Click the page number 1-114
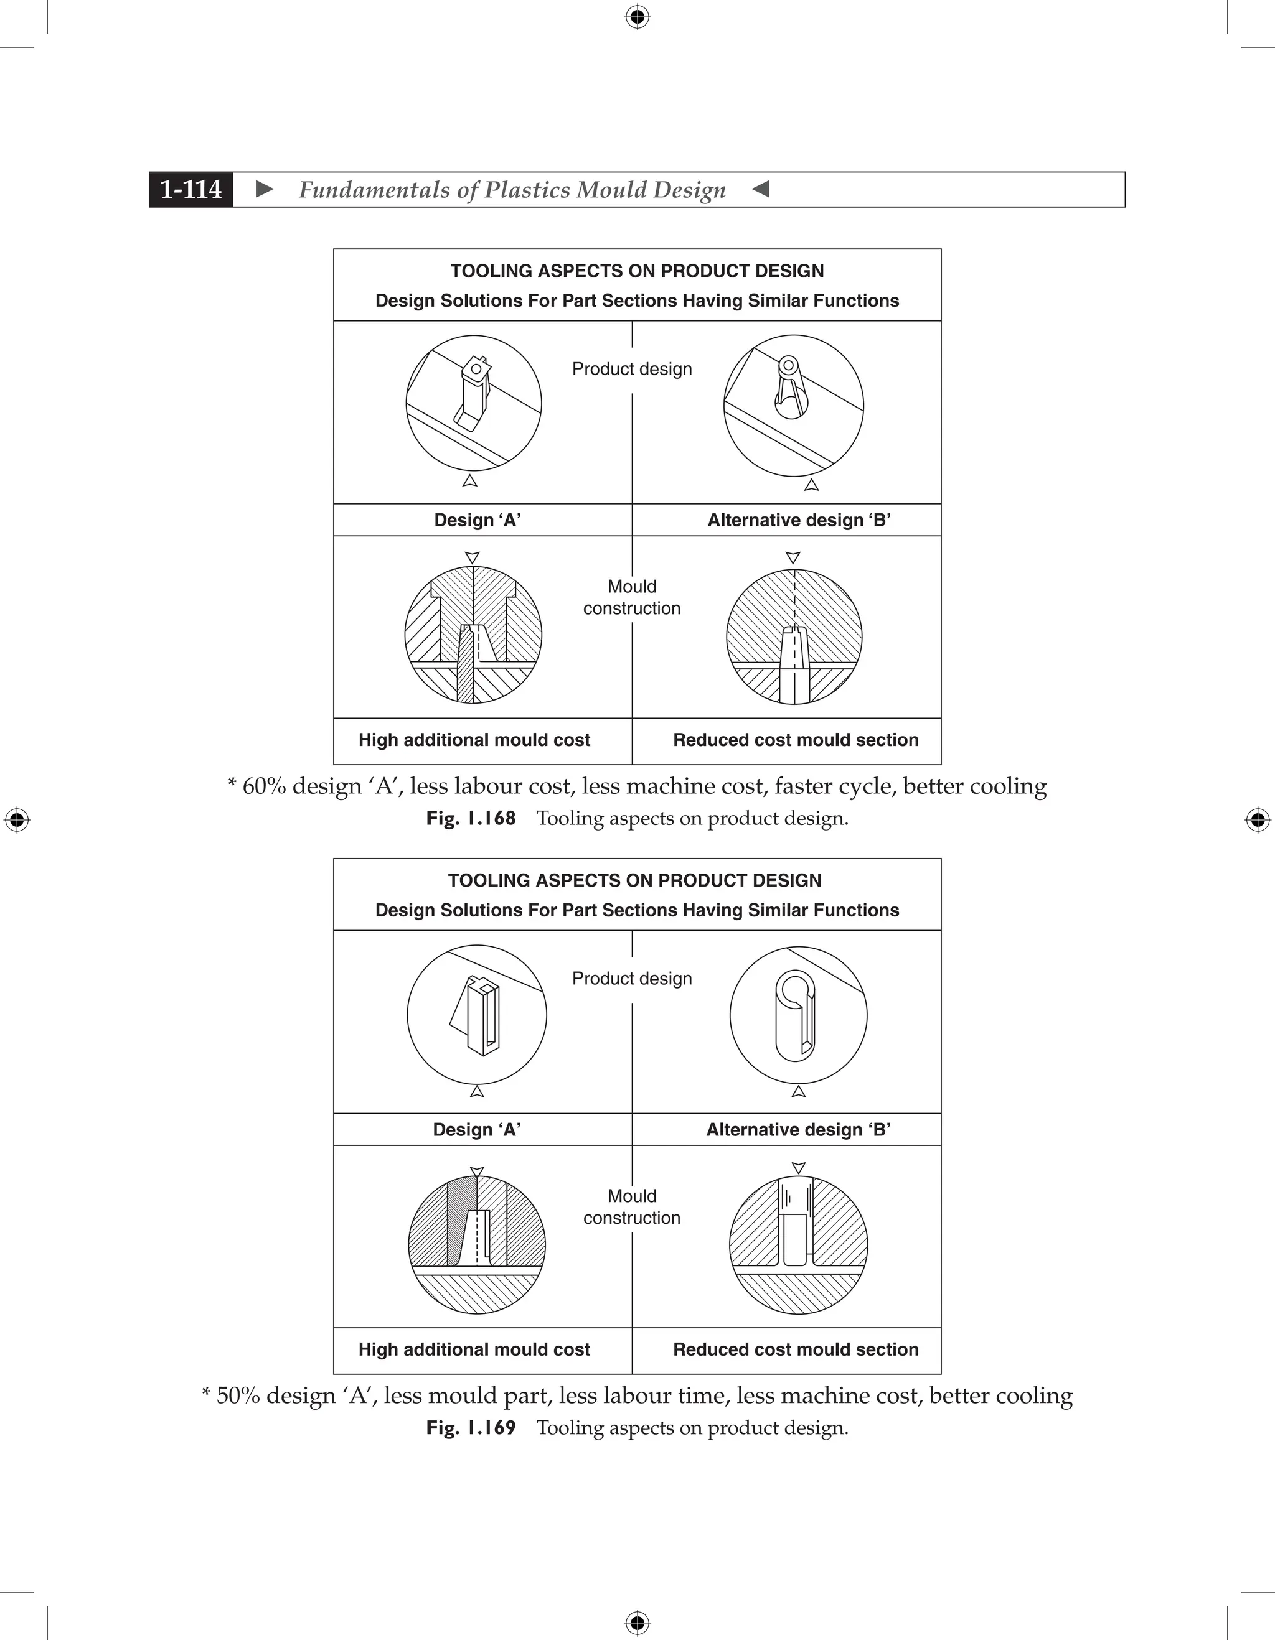pos(191,189)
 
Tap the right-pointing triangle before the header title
pos(265,189)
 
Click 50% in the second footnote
pos(237,1395)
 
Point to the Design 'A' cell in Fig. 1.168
pos(478,520)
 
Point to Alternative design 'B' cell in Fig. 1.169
pos(798,1130)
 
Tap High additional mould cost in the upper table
pos(474,740)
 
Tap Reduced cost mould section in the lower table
pos(796,1349)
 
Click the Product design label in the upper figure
pos(632,370)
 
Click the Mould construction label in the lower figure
pos(632,1207)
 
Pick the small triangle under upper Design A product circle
pos(470,480)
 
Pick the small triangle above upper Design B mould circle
pos(793,558)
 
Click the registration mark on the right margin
pos(1258,820)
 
